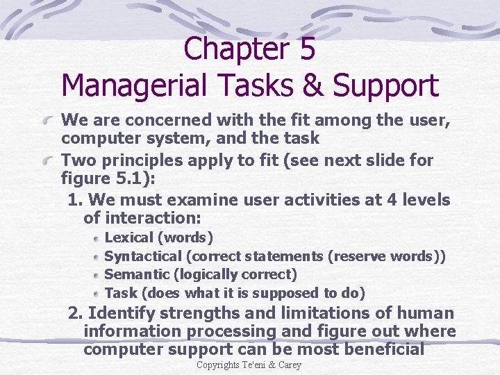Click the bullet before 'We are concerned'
click(49, 122)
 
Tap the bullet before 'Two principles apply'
click(49, 161)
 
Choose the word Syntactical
click(142, 256)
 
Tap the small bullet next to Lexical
click(97, 239)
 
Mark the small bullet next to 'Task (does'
click(97, 294)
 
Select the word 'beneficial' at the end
click(385, 349)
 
